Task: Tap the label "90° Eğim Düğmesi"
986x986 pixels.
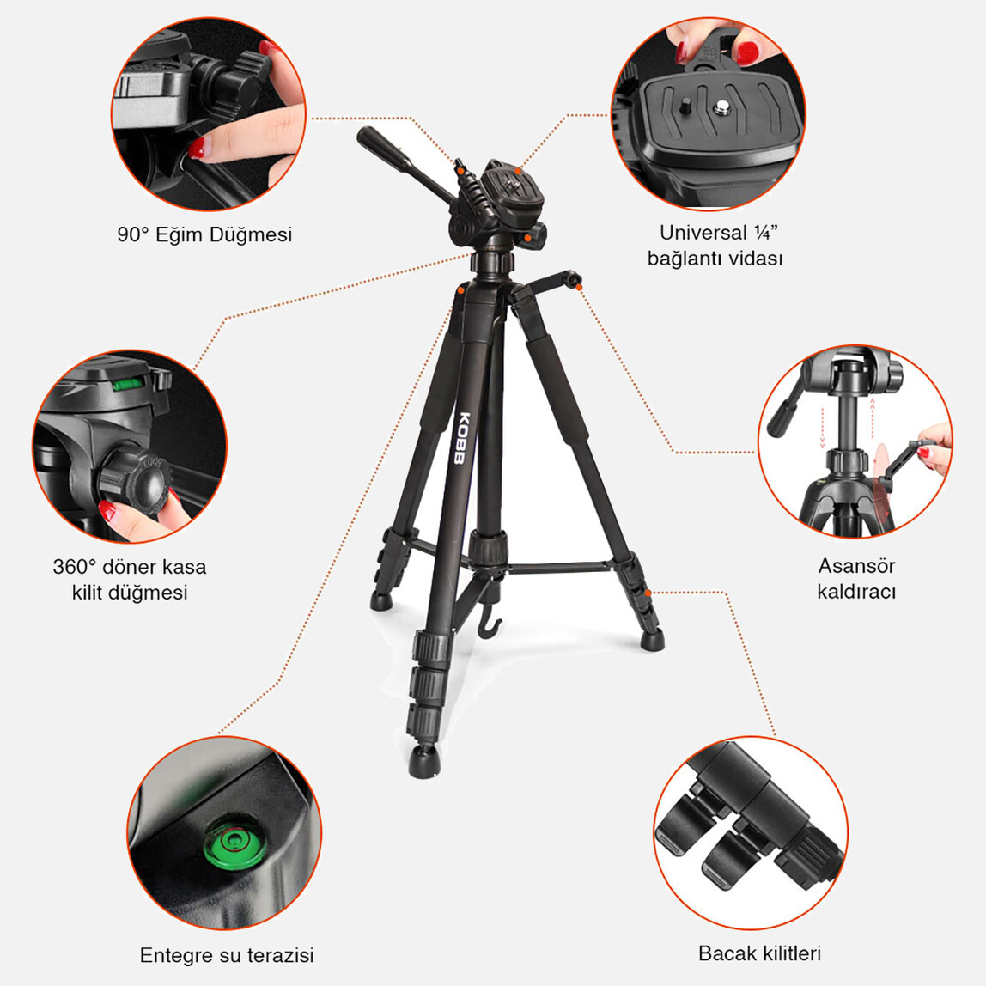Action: (204, 234)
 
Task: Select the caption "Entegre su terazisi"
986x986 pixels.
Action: (227, 955)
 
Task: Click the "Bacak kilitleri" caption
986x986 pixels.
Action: (759, 953)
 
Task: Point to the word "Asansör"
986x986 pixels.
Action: (856, 566)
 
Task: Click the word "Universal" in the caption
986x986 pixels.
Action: (703, 233)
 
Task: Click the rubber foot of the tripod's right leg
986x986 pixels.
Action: (654, 638)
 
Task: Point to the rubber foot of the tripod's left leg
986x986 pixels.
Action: (380, 600)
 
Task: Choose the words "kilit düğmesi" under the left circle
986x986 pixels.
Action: (130, 593)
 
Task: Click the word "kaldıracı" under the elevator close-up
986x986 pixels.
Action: (856, 592)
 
